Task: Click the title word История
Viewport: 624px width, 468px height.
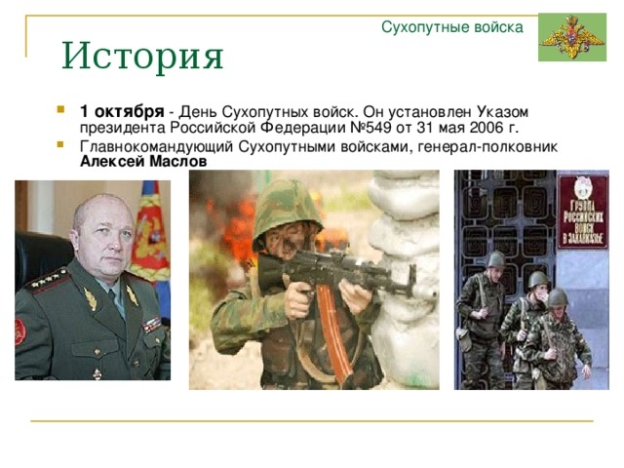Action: pyautogui.click(x=142, y=56)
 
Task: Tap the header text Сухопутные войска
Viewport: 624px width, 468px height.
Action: pyautogui.click(x=452, y=27)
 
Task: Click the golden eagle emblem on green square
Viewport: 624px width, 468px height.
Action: pyautogui.click(x=572, y=37)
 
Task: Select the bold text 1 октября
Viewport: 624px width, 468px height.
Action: pyautogui.click(x=122, y=112)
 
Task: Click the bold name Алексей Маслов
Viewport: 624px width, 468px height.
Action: pyautogui.click(x=143, y=162)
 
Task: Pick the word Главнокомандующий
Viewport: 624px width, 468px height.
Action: pyautogui.click(x=156, y=147)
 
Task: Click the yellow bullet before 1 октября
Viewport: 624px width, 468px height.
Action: pyautogui.click(x=60, y=108)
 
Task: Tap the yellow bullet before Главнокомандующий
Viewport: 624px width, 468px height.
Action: pyautogui.click(x=60, y=143)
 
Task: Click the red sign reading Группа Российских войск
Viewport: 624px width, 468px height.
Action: pyautogui.click(x=583, y=212)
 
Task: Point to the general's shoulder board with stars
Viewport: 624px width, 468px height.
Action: pyautogui.click(x=47, y=281)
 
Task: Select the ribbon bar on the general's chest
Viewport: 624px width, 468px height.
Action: pyautogui.click(x=152, y=325)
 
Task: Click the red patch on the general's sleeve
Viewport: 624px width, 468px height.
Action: pyautogui.click(x=19, y=331)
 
